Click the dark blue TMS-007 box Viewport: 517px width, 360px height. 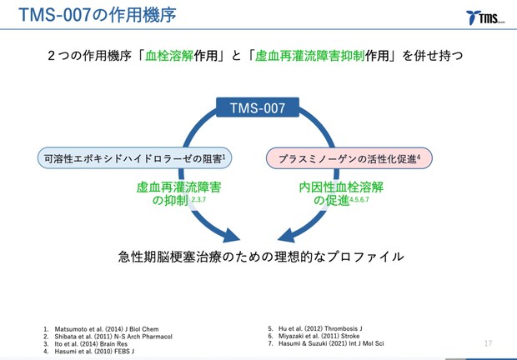click(258, 107)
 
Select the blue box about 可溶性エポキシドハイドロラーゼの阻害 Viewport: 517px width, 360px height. click(133, 157)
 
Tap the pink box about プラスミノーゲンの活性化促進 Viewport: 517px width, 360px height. click(349, 157)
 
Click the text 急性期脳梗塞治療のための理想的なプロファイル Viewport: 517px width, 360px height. click(260, 257)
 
